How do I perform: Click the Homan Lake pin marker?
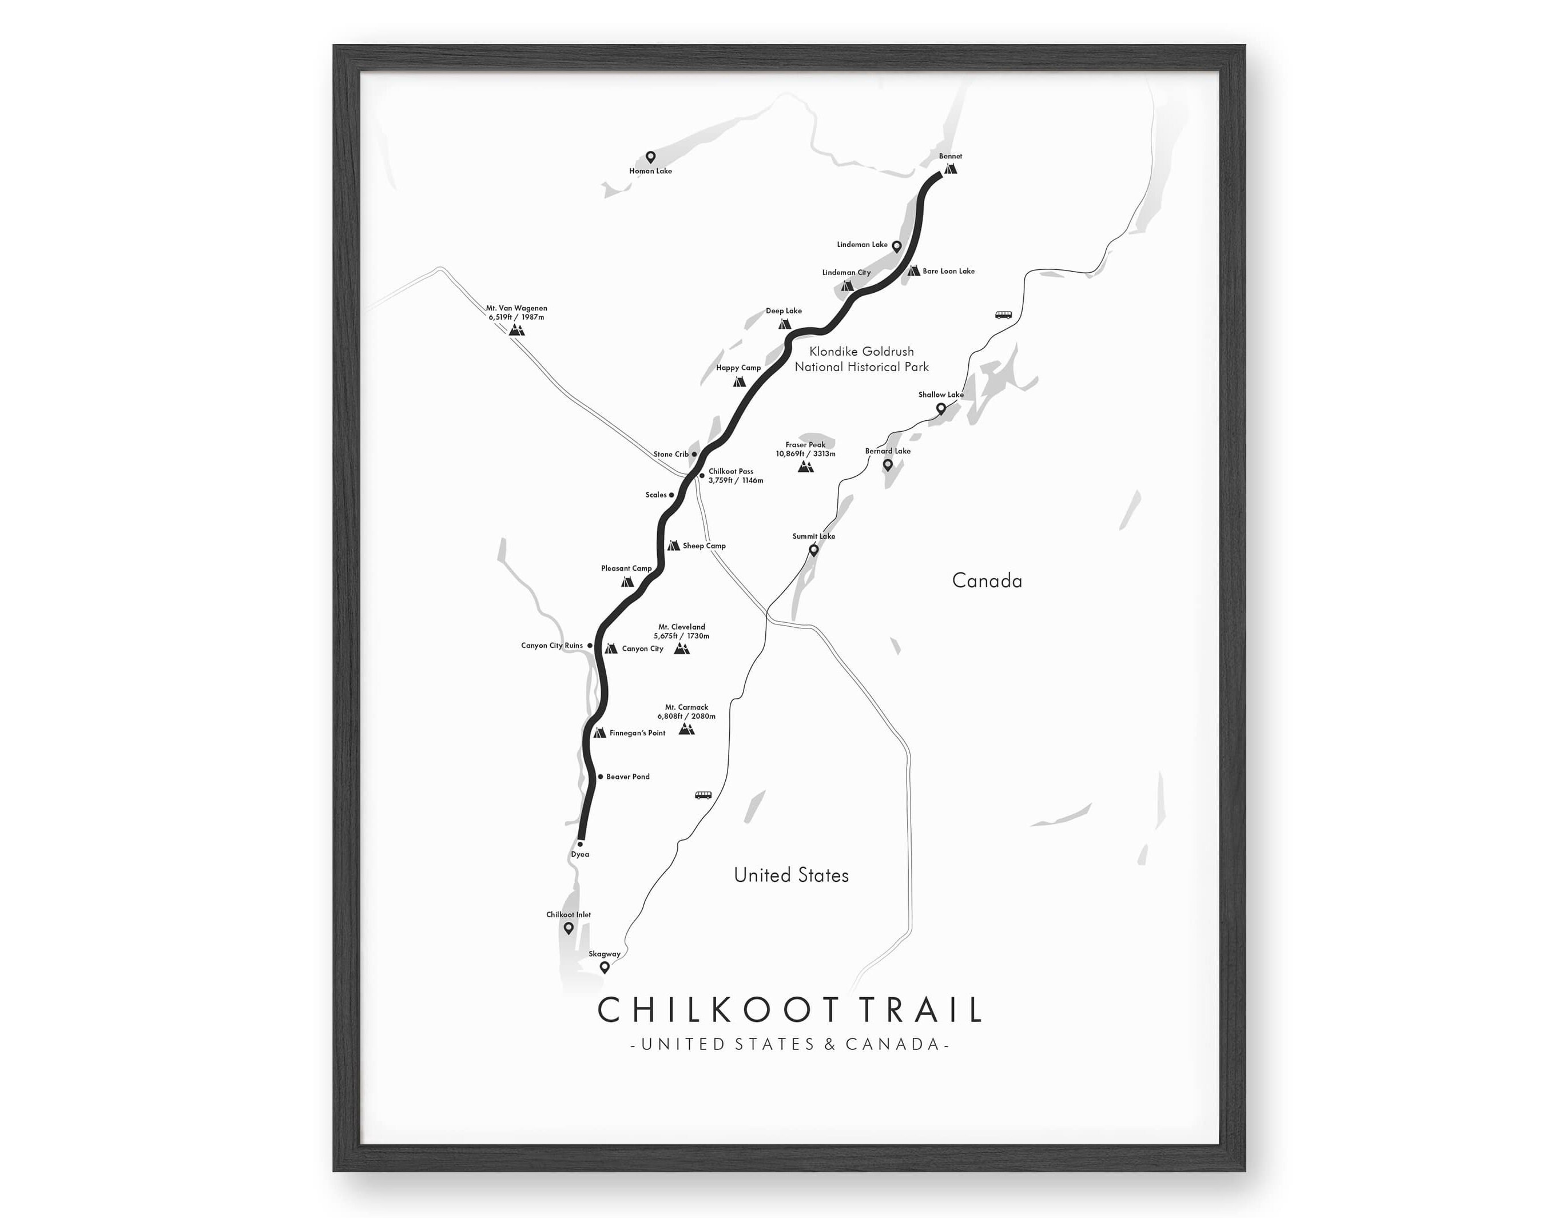pos(650,157)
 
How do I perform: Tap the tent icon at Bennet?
pos(950,169)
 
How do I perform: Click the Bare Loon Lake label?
pos(948,271)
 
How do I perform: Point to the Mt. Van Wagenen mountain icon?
pos(516,330)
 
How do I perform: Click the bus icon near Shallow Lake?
pos(1003,315)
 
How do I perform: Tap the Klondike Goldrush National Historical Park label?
pos(861,359)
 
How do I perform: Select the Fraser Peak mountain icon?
pos(805,466)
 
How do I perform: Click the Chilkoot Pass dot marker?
pos(702,476)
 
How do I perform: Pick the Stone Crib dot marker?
pos(694,454)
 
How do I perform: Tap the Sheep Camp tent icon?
pos(673,546)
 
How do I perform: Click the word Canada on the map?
pos(987,581)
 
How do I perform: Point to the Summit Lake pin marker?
pos(813,550)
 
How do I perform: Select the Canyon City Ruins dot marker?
pos(590,646)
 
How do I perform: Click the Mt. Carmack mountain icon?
pos(686,729)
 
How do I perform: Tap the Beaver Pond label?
pos(628,777)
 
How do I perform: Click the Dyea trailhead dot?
pos(580,844)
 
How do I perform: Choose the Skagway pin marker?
pos(605,967)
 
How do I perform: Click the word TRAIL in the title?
pos(920,1010)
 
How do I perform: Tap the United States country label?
pos(791,875)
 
